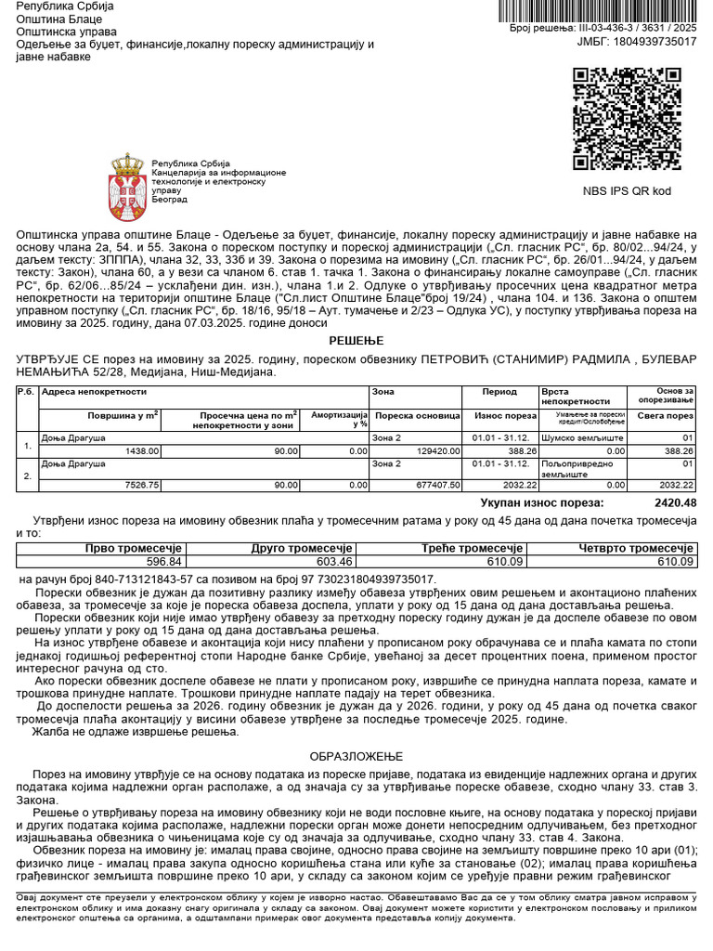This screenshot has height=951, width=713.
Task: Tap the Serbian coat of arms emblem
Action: [127, 180]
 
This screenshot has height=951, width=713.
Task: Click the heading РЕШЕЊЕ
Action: [356, 341]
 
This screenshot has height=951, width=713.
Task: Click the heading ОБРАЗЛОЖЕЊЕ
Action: [356, 757]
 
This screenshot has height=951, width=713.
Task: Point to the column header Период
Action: [499, 393]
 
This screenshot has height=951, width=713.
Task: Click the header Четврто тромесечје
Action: [635, 549]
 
